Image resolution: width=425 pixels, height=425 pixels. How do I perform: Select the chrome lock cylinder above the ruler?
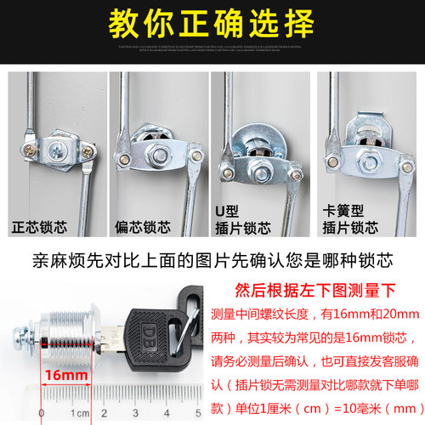[55, 327]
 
